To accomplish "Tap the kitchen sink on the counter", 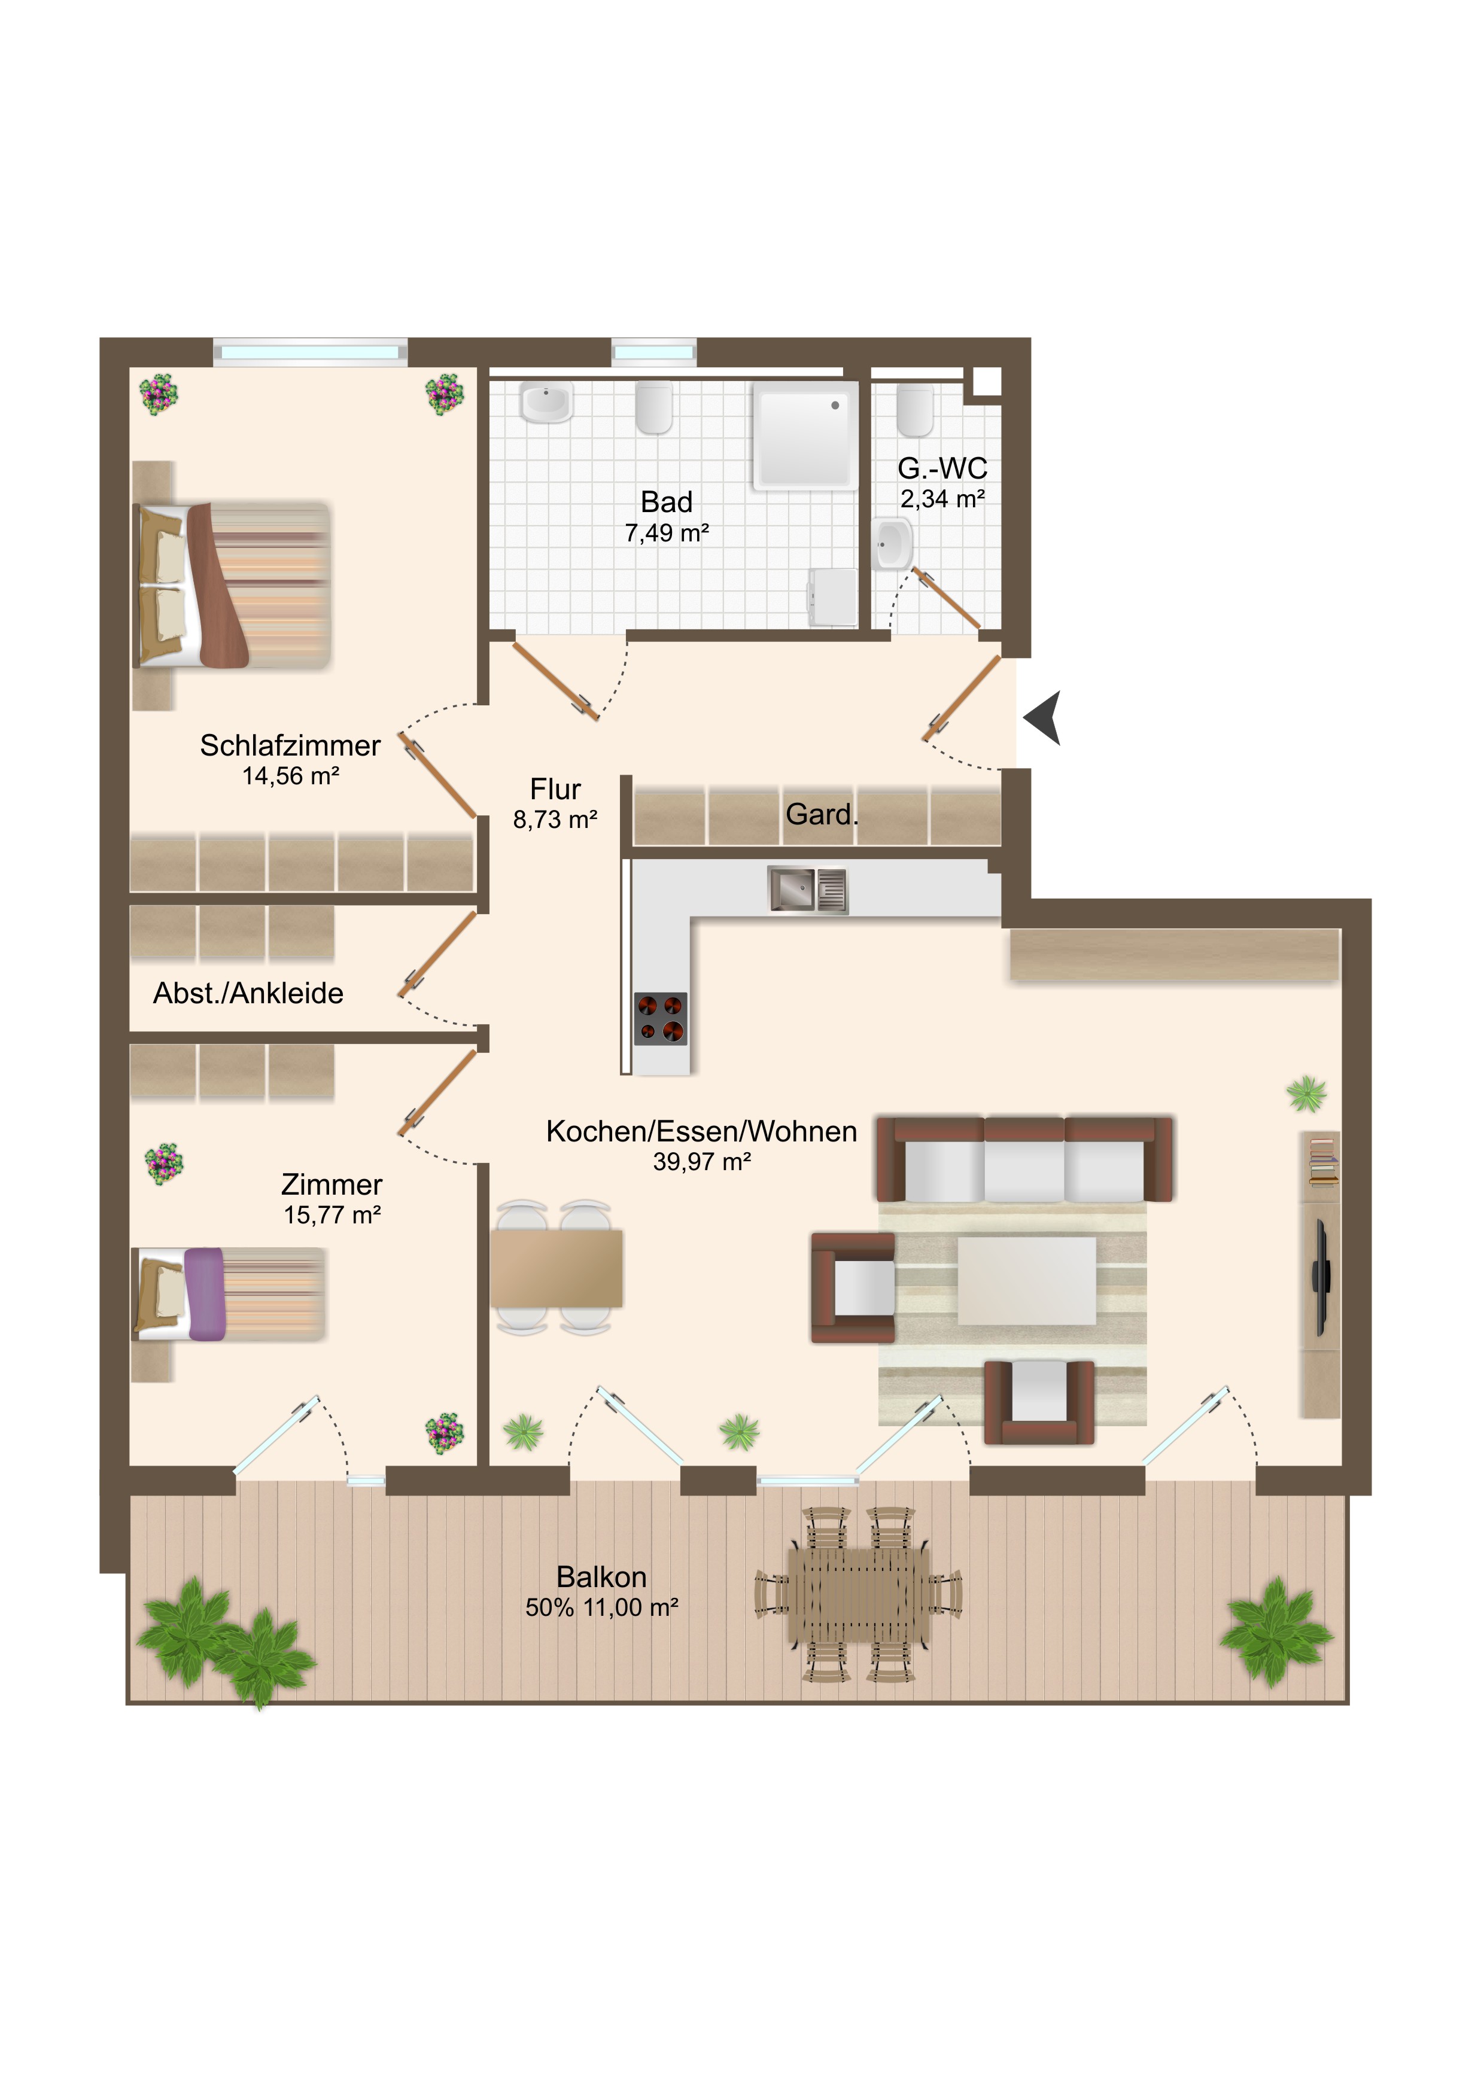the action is click(808, 889).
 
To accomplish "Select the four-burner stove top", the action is click(661, 1018).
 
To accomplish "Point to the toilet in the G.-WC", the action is click(915, 410).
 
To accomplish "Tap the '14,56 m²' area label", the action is click(291, 776).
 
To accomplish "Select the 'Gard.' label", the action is click(822, 814).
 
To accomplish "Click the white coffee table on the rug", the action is click(1026, 1281).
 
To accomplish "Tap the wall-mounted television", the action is click(1321, 1277).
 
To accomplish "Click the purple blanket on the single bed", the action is click(205, 1294).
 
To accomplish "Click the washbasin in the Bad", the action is click(546, 403).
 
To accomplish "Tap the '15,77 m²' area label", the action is click(332, 1214).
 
